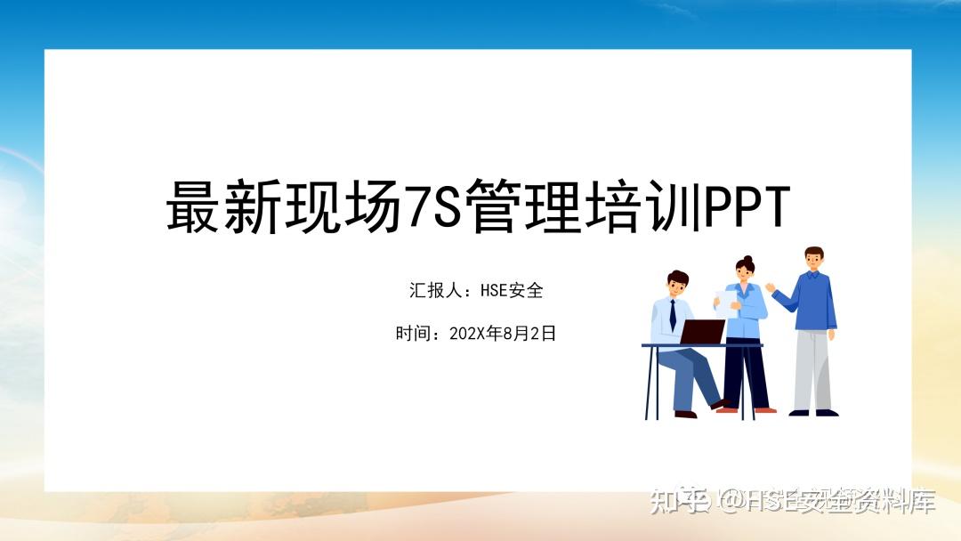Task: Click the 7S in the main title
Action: pyautogui.click(x=432, y=206)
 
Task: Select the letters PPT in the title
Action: pyautogui.click(x=747, y=206)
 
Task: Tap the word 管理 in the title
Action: pyautogui.click(x=521, y=206)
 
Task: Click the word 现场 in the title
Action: pyautogui.click(x=341, y=206)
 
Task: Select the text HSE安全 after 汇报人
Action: pyautogui.click(x=512, y=290)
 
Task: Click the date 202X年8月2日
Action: pyautogui.click(x=503, y=334)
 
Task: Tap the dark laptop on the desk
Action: pyautogui.click(x=703, y=332)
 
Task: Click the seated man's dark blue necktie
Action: pyautogui.click(x=673, y=314)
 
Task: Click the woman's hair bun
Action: pyautogui.click(x=747, y=260)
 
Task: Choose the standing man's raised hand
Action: pyautogui.click(x=771, y=288)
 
